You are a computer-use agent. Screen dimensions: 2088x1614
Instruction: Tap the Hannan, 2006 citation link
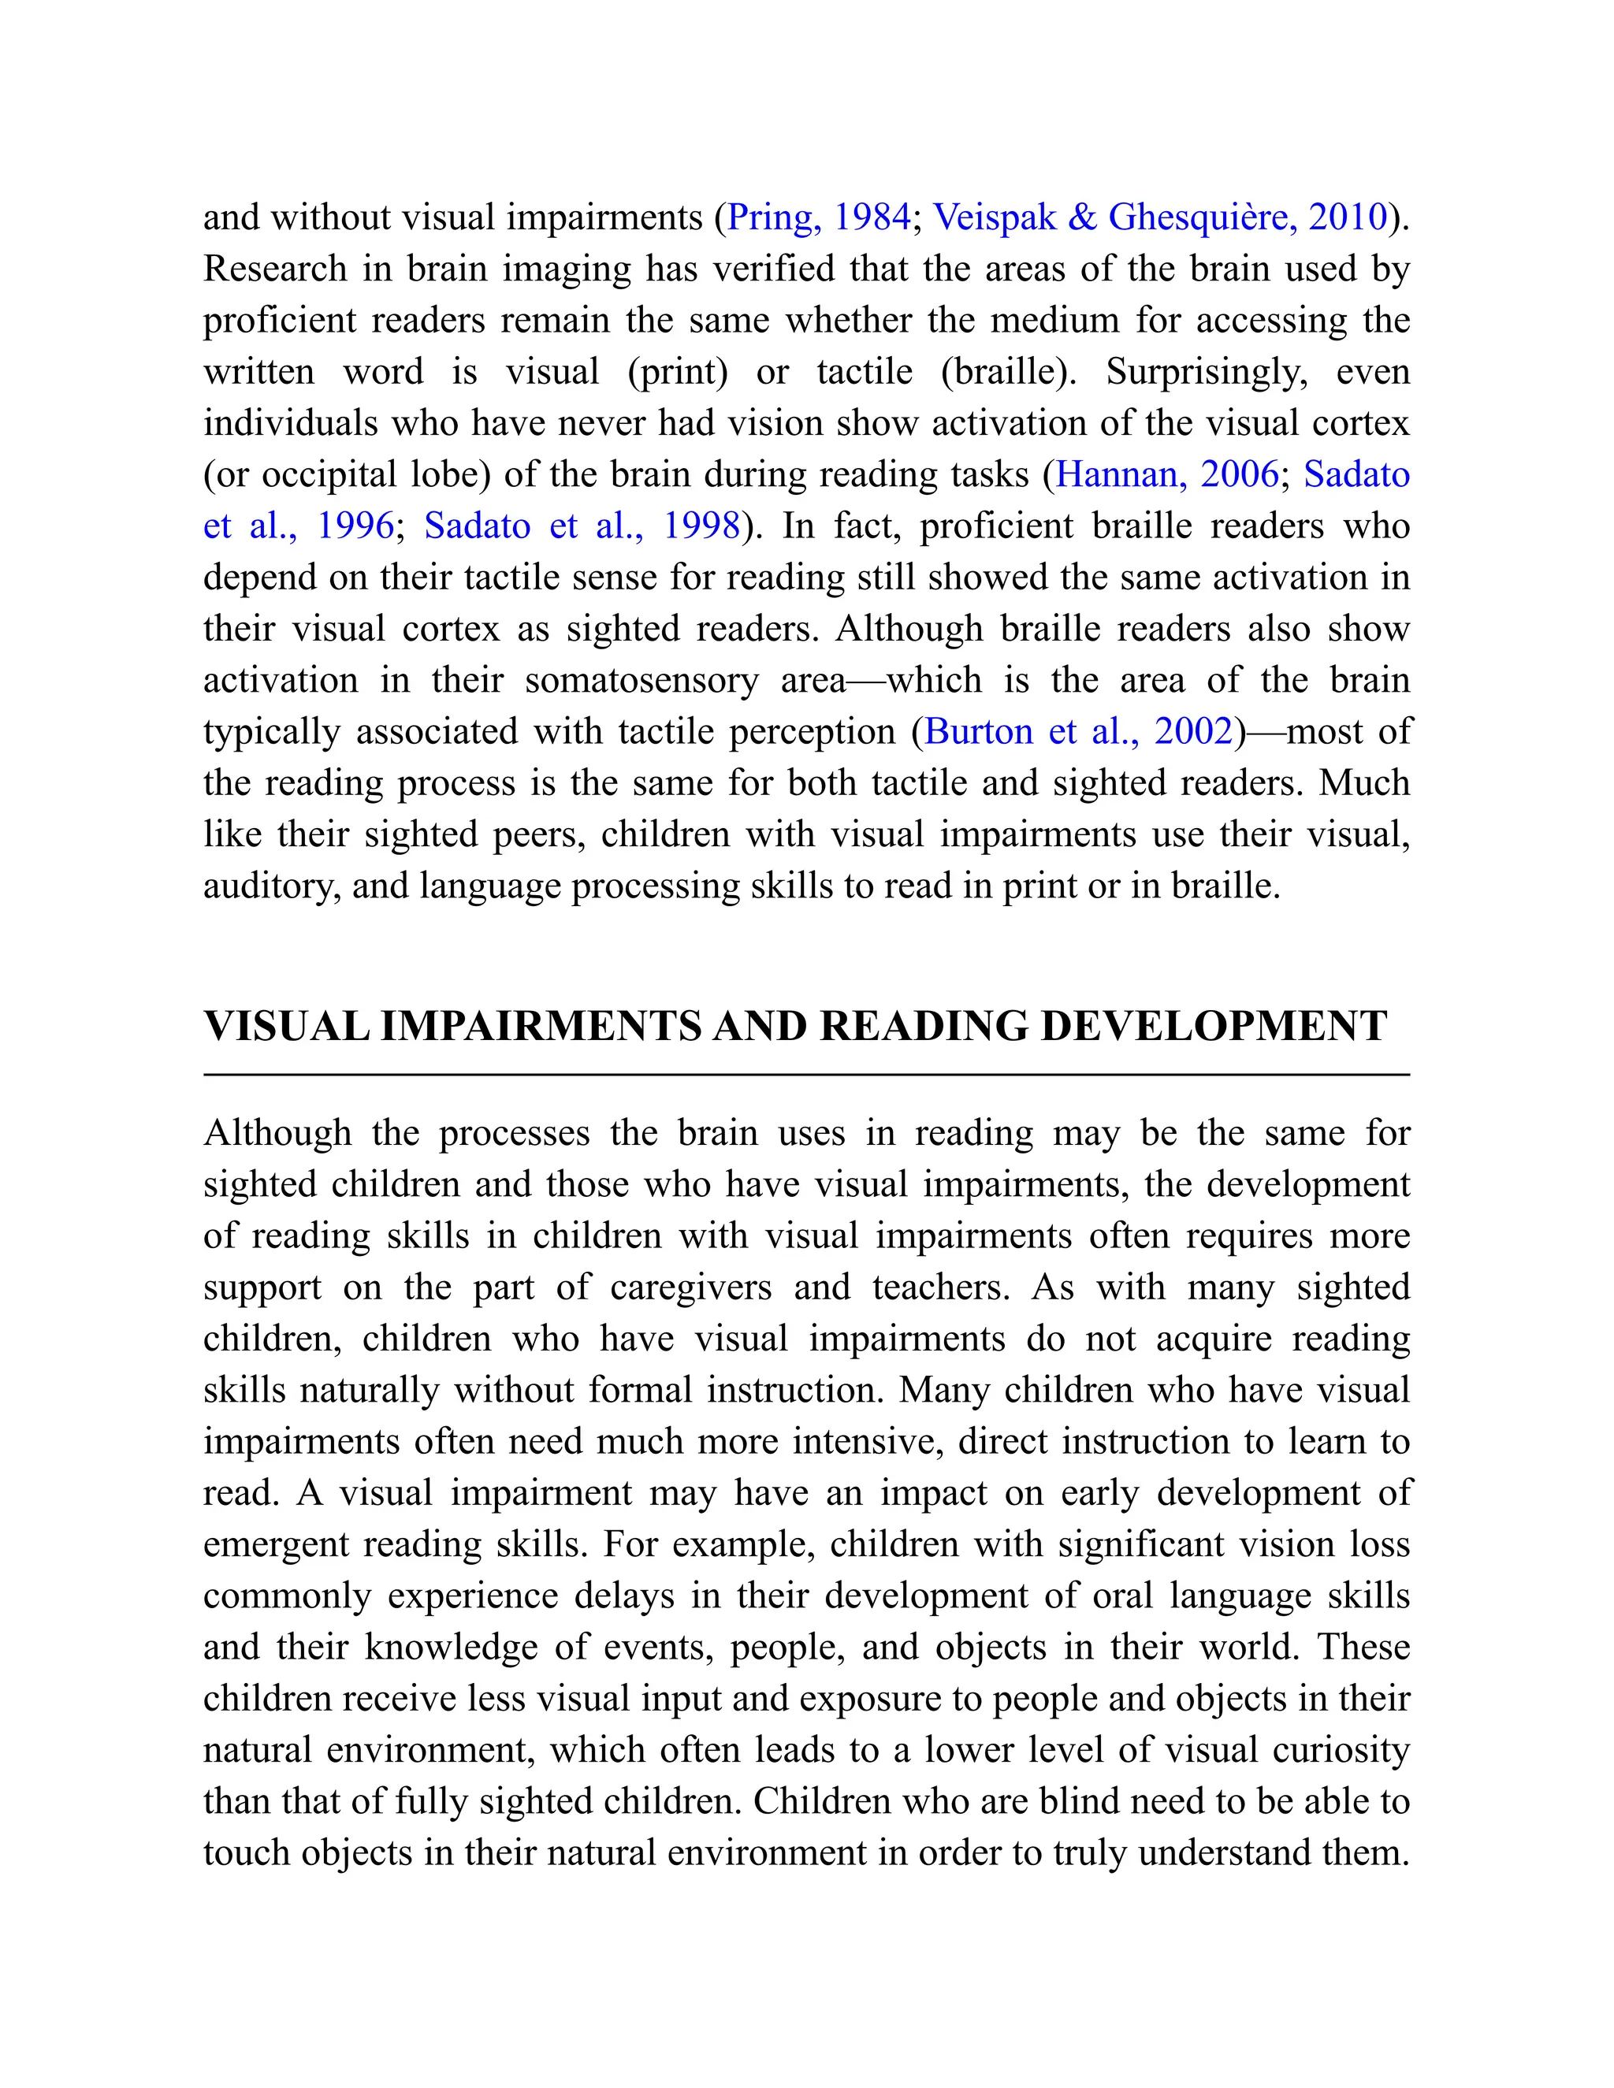[x=1166, y=474]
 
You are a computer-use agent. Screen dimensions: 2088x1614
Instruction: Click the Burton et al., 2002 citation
[x=1080, y=731]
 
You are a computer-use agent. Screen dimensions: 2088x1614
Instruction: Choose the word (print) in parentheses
[x=677, y=372]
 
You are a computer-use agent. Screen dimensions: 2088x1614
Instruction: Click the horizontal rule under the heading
[x=806, y=1076]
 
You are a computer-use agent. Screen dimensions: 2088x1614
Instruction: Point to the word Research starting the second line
[x=274, y=269]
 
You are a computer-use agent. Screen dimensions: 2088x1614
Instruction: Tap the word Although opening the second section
[x=277, y=1134]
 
